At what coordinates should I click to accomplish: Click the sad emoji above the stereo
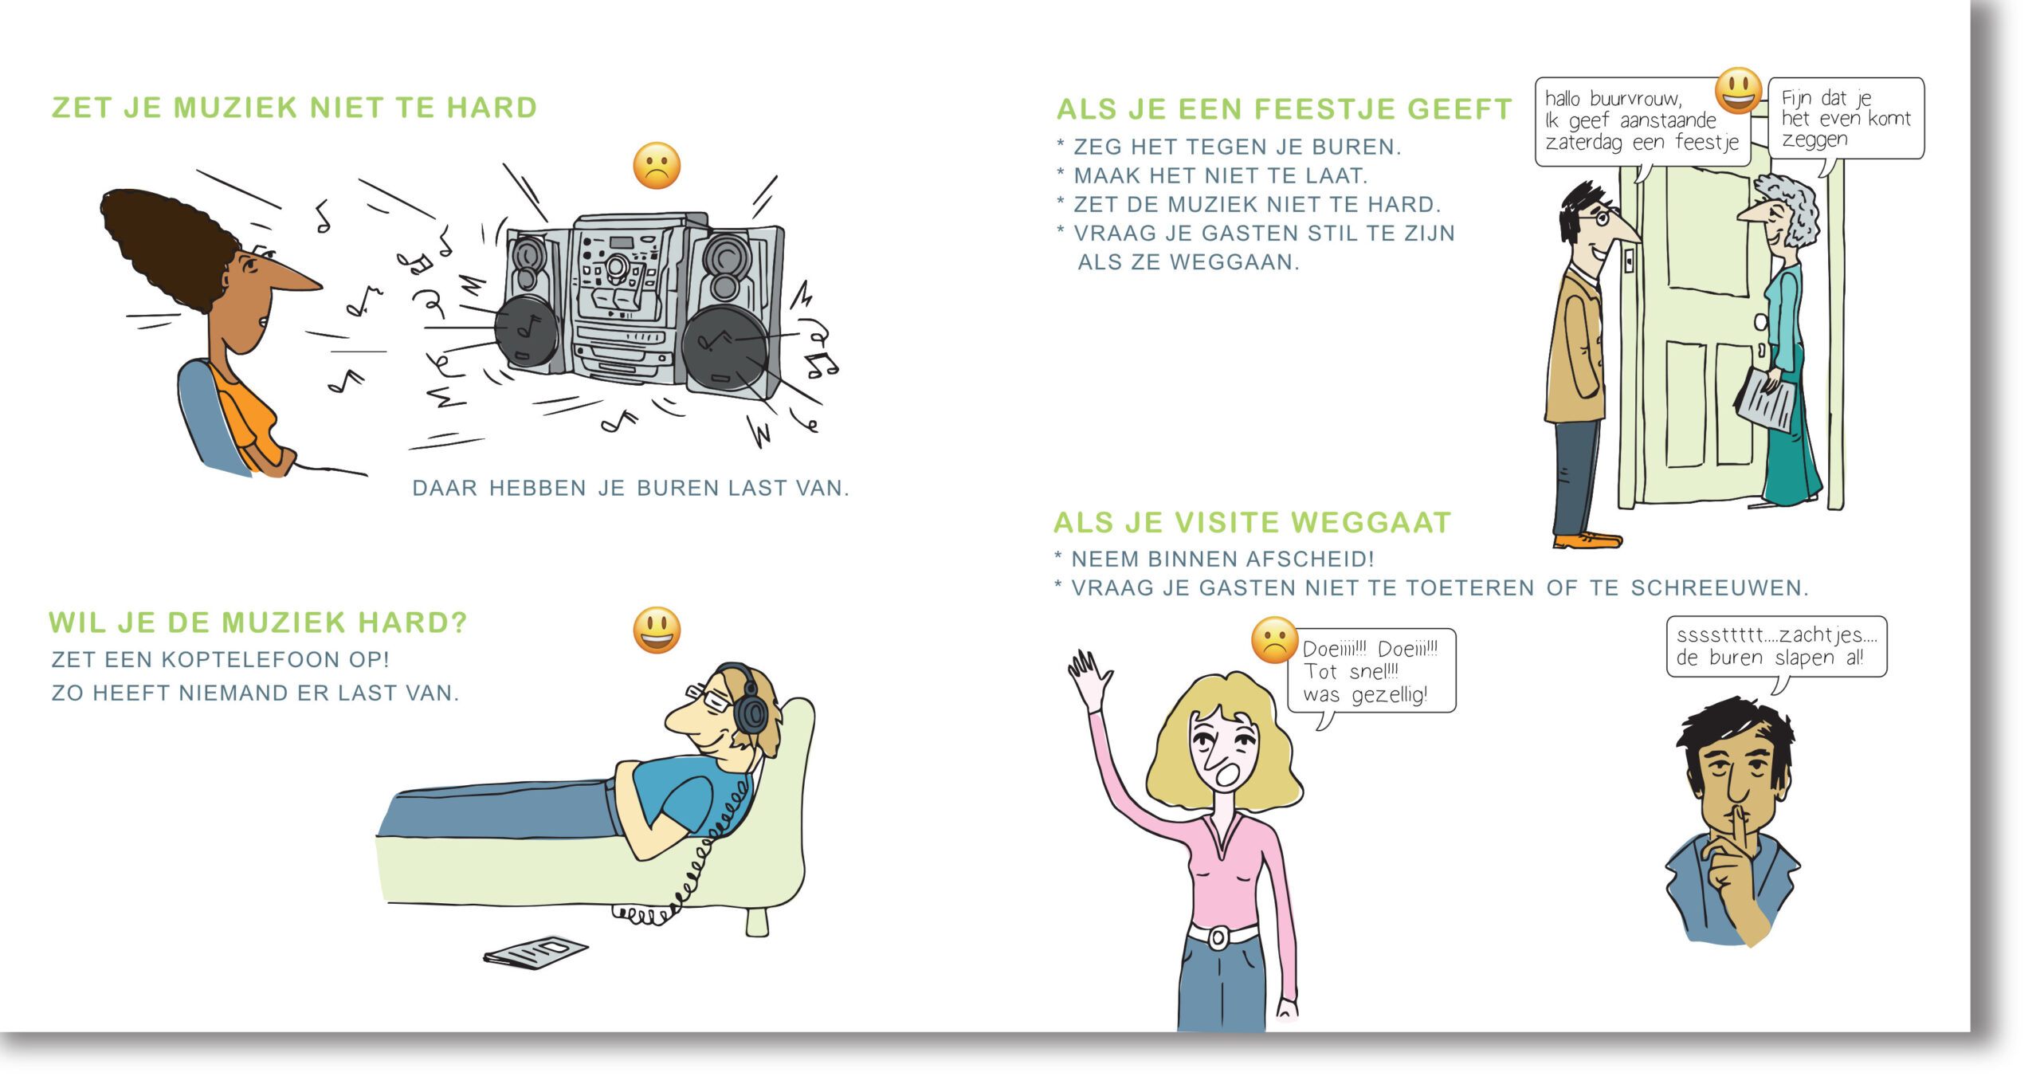tap(657, 166)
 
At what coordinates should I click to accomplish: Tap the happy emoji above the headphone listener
tap(657, 630)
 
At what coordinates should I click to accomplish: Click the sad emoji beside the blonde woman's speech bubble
tap(1274, 640)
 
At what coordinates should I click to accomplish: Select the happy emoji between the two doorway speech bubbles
tap(1738, 90)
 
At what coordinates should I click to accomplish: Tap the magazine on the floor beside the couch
tap(535, 952)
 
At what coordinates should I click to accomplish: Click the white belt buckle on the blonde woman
tap(1218, 937)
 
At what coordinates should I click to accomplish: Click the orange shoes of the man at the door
tap(1587, 540)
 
